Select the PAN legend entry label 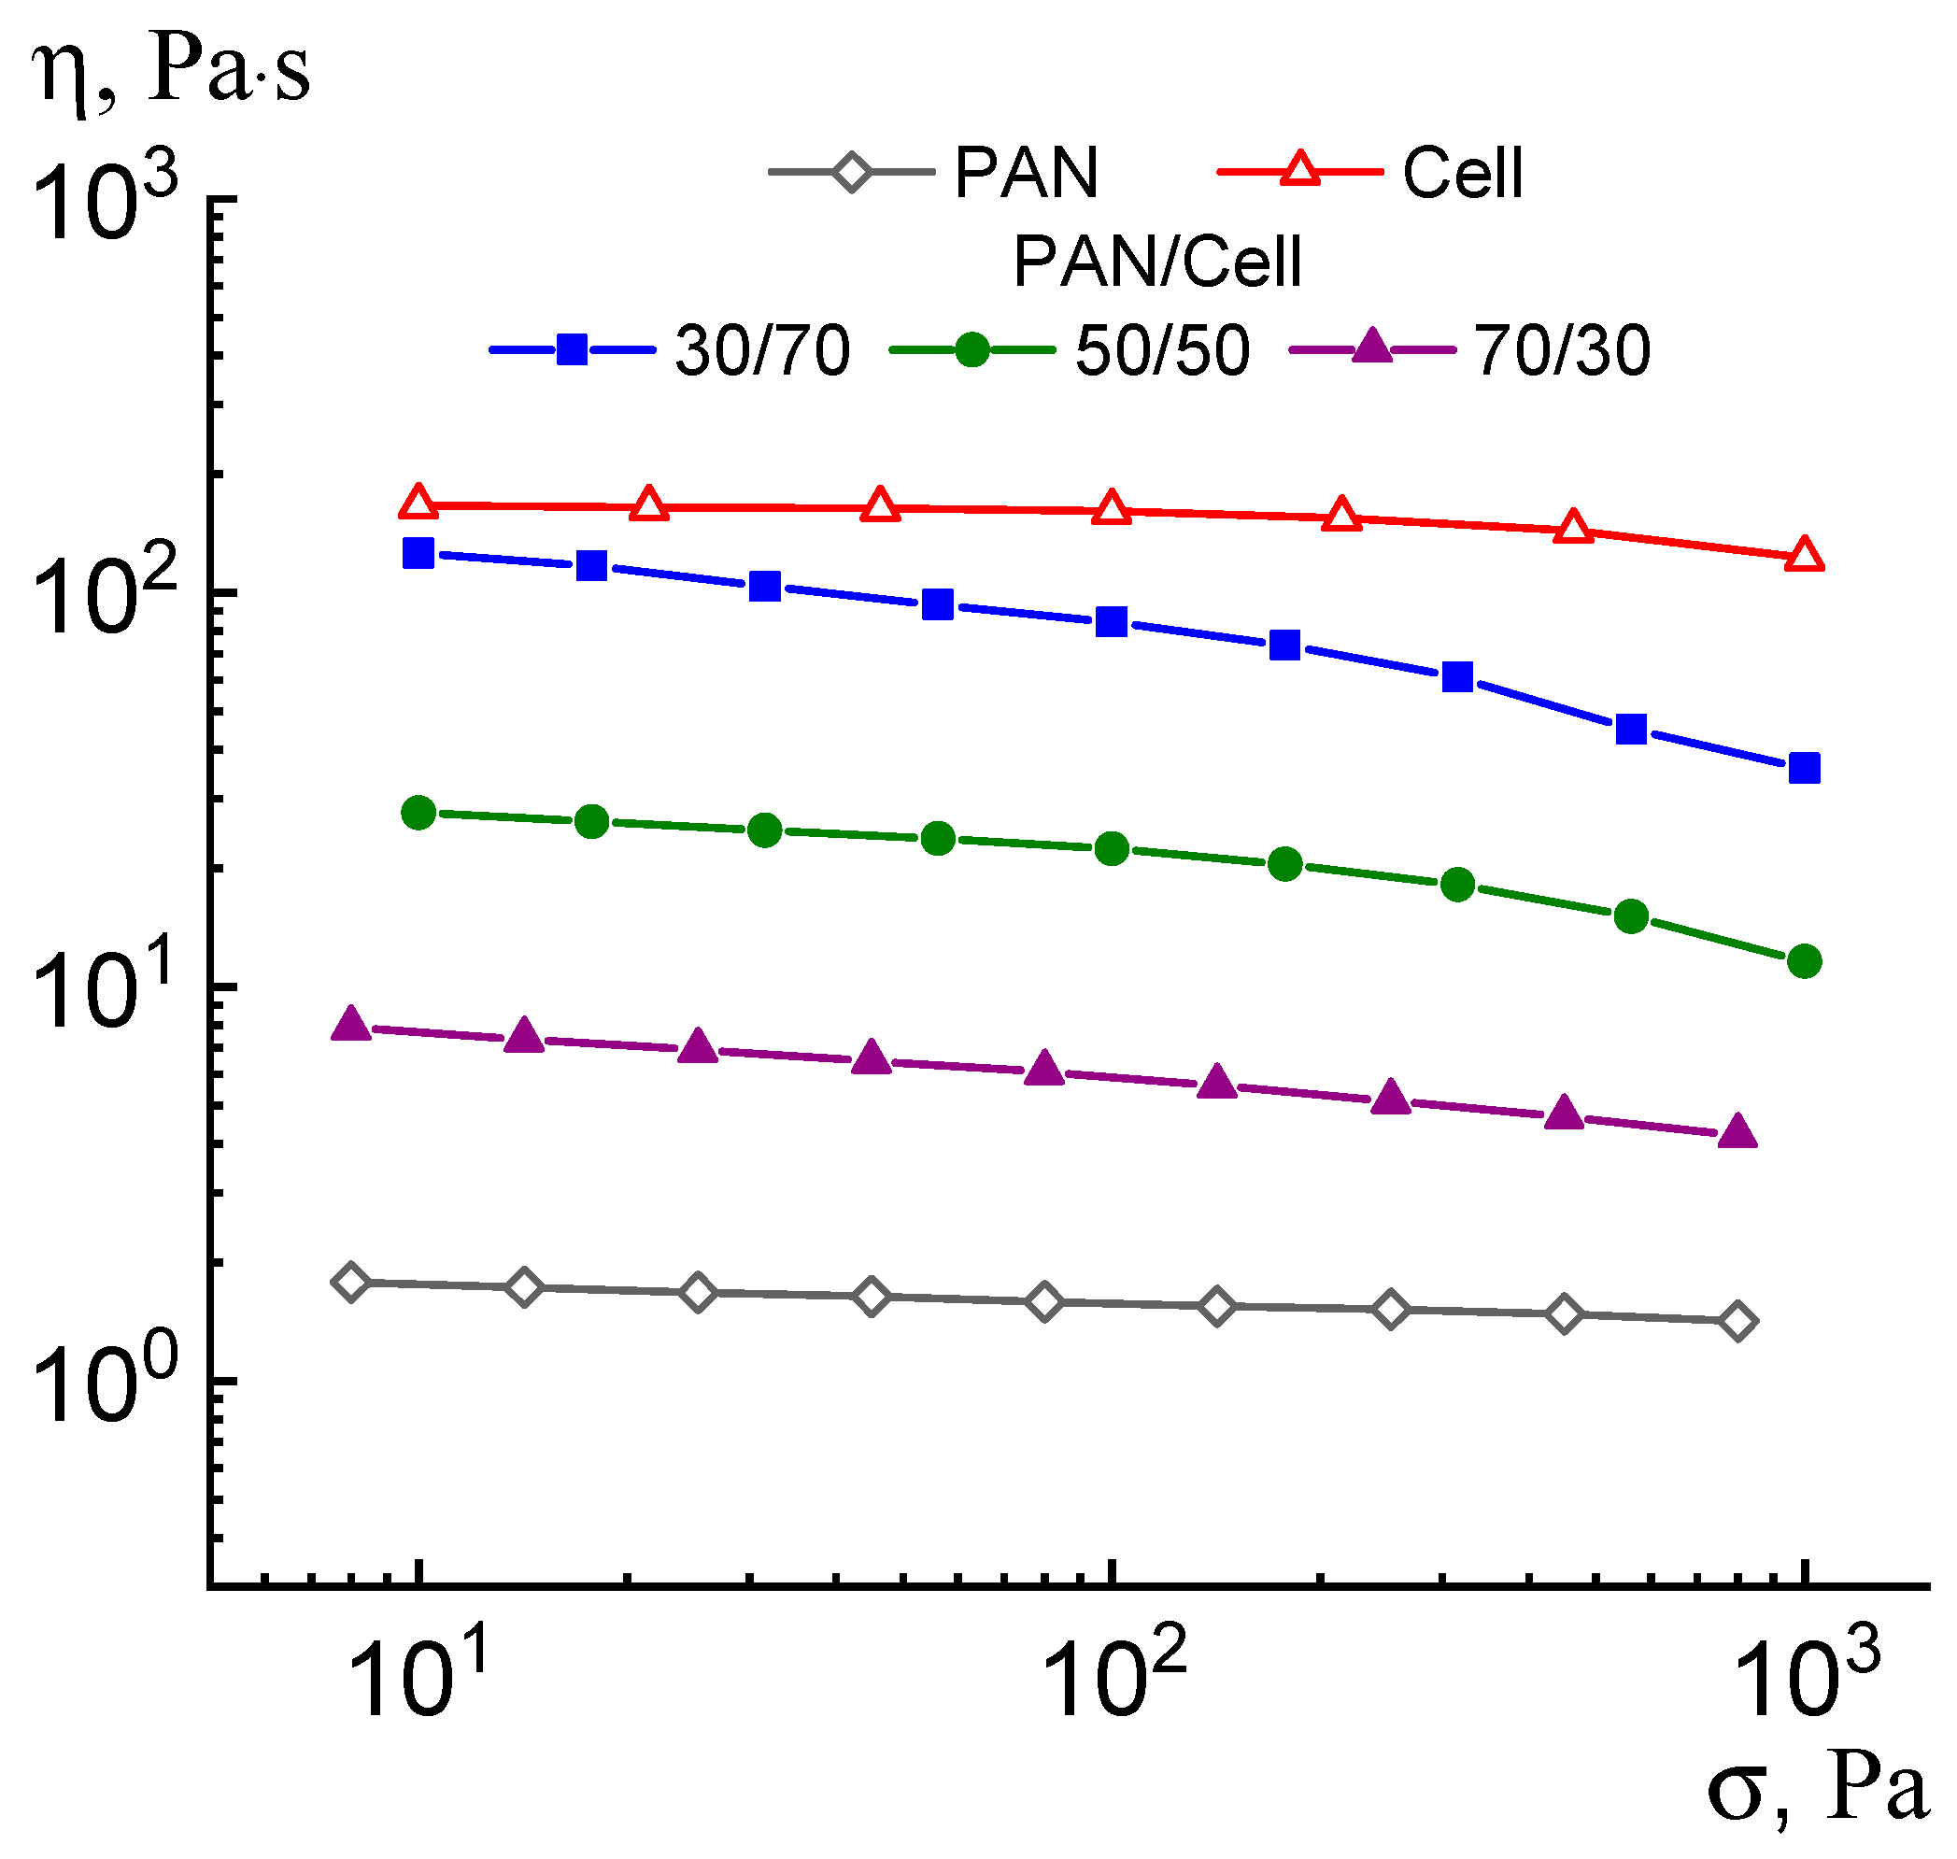coord(1026,174)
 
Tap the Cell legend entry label coord(1462,174)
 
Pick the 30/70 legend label coord(761,351)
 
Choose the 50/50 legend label coord(1161,351)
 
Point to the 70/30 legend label coord(1562,351)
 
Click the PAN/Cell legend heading coord(1156,263)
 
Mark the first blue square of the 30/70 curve coord(418,553)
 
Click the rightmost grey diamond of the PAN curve coord(1737,1321)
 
